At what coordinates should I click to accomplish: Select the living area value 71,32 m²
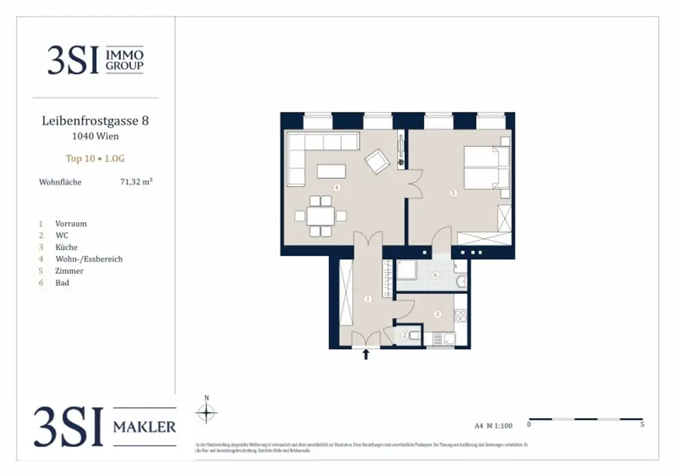click(x=136, y=182)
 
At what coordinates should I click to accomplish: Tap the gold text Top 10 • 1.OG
click(x=95, y=158)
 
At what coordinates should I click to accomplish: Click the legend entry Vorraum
click(x=71, y=224)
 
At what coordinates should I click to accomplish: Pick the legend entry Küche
click(x=66, y=247)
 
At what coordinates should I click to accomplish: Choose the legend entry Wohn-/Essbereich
click(x=89, y=259)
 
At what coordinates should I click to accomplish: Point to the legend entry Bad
click(x=63, y=283)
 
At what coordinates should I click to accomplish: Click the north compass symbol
click(x=207, y=412)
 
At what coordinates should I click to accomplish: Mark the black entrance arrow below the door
click(x=366, y=356)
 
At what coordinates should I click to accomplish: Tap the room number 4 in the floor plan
click(x=337, y=187)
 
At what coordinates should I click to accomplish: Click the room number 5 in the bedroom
click(x=453, y=193)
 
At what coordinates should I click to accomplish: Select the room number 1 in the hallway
click(x=368, y=299)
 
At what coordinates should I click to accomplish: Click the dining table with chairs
click(x=320, y=215)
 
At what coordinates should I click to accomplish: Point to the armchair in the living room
click(x=378, y=161)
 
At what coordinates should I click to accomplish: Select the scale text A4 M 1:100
click(x=493, y=425)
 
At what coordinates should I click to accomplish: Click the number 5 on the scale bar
click(x=642, y=425)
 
